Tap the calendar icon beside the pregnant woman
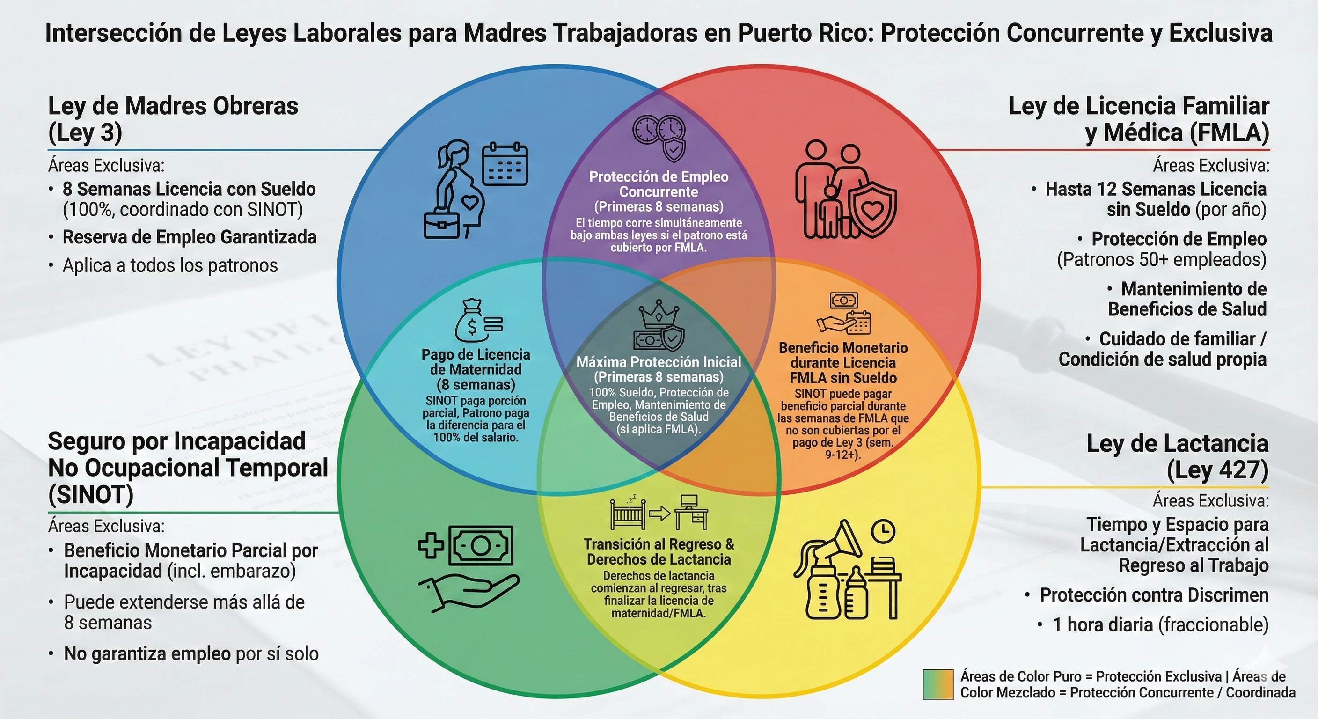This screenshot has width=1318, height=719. coord(505,164)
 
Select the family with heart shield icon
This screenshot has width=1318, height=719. coord(845,189)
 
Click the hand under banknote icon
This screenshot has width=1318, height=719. coord(468,568)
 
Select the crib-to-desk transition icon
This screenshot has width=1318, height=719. coord(659,512)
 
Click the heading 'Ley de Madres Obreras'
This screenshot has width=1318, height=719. coord(173,106)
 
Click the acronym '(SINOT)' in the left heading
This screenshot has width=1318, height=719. coord(91,494)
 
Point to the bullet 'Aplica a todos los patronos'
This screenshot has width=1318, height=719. coord(170,265)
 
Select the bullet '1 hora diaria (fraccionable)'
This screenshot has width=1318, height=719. coord(1161,625)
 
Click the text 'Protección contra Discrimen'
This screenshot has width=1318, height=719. coord(1154,595)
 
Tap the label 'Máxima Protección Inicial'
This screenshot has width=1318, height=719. coord(659,362)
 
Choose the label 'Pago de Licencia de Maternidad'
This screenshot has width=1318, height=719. coord(476,362)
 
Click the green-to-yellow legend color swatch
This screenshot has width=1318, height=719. coord(938,684)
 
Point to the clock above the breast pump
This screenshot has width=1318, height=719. coord(884,531)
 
